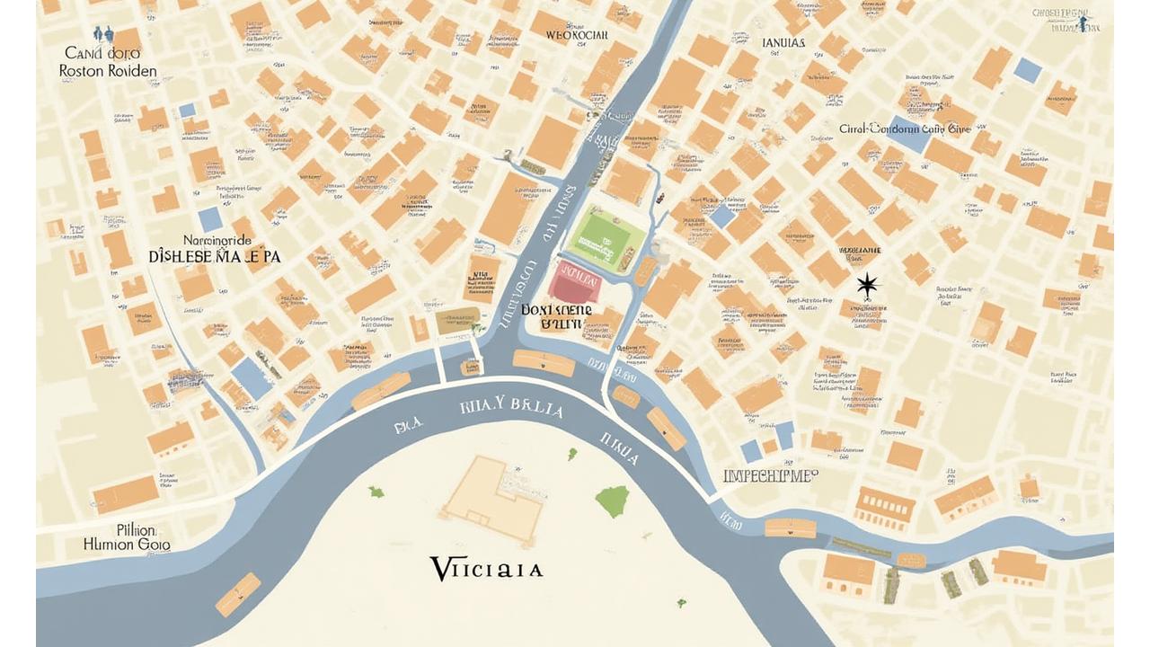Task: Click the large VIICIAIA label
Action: click(x=486, y=569)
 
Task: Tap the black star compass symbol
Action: click(x=867, y=287)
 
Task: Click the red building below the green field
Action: click(x=575, y=282)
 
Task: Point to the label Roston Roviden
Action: click(x=108, y=71)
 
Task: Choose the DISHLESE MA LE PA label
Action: click(x=214, y=256)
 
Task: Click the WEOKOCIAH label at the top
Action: click(x=577, y=35)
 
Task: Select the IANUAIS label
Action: click(x=783, y=42)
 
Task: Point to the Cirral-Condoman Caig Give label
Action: click(x=905, y=129)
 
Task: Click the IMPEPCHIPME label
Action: click(x=770, y=475)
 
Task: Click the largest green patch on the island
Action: click(x=613, y=501)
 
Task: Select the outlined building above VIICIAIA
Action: click(x=491, y=499)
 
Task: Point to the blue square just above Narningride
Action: click(x=210, y=219)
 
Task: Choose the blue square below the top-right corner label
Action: click(x=1027, y=68)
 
